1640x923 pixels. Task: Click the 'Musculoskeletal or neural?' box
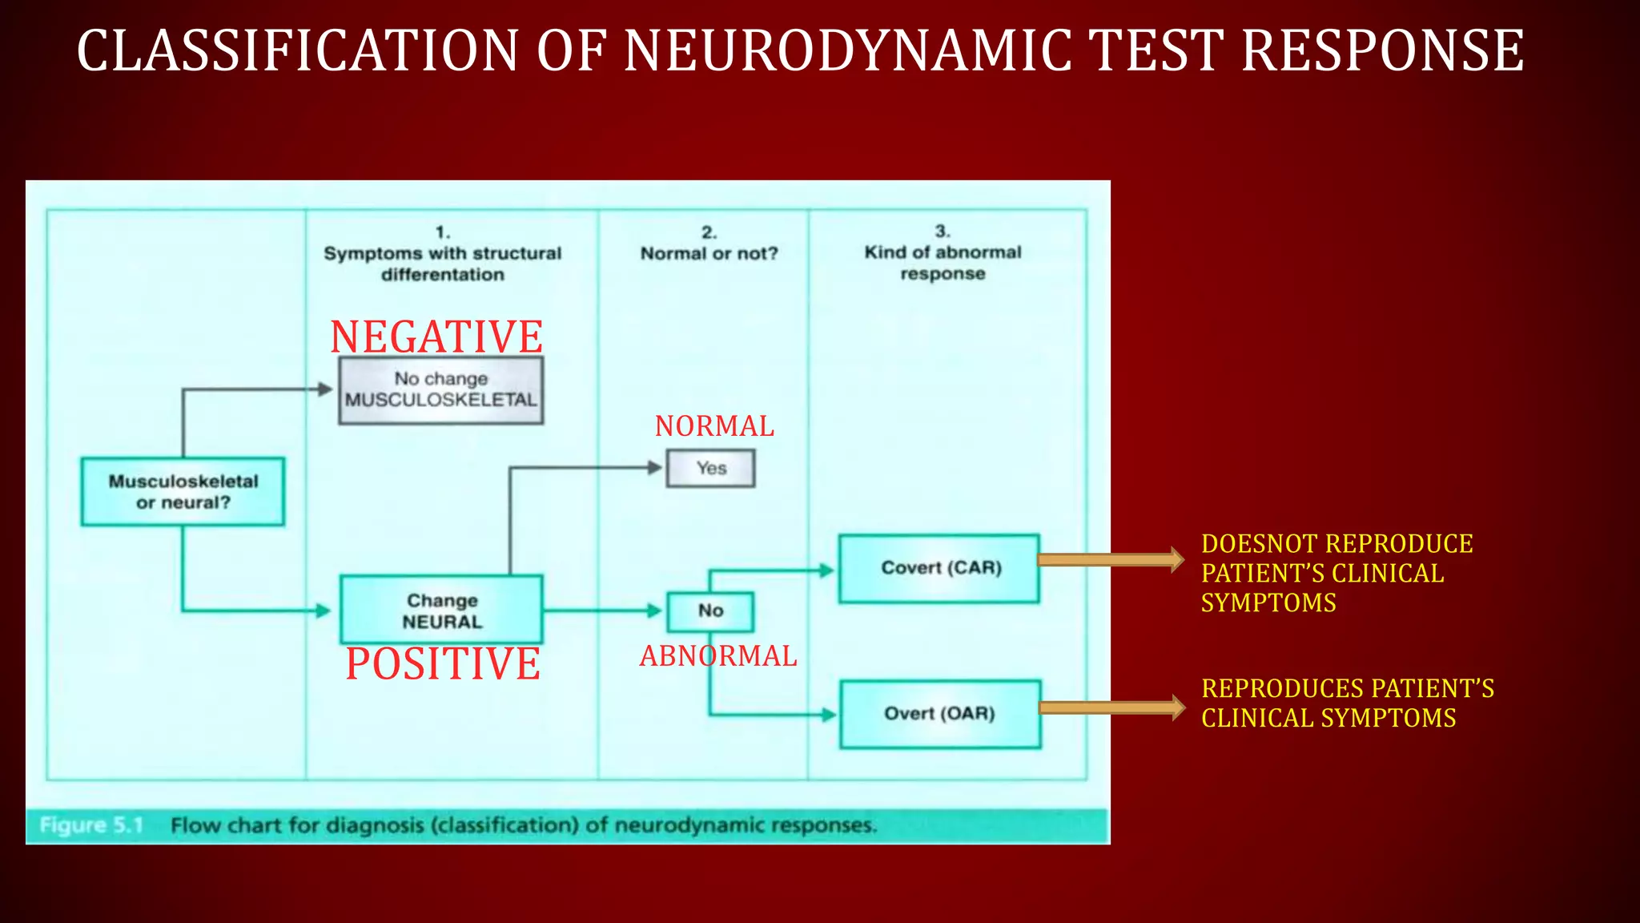183,492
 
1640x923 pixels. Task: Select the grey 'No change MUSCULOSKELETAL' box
440,390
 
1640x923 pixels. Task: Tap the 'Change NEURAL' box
441,611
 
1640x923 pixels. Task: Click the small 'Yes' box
710,468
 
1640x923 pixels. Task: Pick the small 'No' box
710,611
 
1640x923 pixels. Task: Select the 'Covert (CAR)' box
939,568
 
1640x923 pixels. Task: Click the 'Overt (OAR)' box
940,714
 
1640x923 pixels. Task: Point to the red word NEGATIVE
436,337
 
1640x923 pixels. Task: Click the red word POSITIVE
443,663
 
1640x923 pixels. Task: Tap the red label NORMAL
714,425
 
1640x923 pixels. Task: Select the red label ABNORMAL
717,655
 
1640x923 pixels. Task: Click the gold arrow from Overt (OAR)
1111,707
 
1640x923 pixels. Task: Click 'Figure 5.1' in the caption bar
91,825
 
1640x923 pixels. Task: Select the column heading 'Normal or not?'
709,253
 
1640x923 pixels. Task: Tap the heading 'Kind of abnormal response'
943,262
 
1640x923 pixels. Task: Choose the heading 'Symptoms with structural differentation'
442,263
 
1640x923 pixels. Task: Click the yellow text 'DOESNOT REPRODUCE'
1337,544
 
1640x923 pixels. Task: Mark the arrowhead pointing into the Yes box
655,467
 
